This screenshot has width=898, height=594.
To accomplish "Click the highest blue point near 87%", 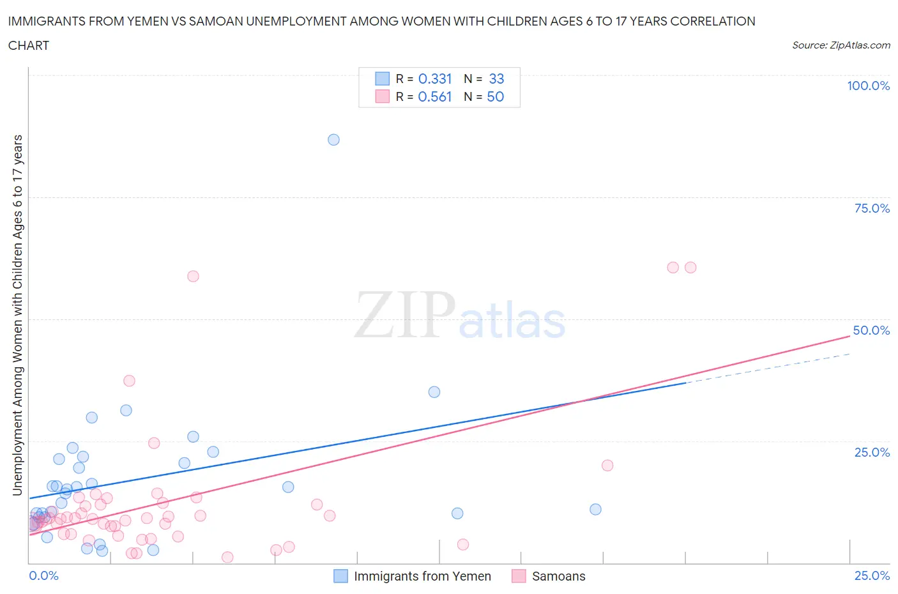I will [x=333, y=140].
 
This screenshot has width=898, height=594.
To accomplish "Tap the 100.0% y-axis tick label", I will [x=868, y=86].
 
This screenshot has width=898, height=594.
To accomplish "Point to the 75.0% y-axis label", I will [x=872, y=208].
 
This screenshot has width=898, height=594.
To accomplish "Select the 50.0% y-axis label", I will [x=871, y=330].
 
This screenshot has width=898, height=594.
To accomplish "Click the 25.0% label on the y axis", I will [x=872, y=452].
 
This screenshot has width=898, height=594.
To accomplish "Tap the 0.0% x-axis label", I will [x=43, y=575].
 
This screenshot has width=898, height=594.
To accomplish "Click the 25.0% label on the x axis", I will [x=872, y=575].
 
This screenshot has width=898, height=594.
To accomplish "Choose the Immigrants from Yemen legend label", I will [x=422, y=576].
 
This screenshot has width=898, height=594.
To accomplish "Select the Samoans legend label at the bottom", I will [x=558, y=576].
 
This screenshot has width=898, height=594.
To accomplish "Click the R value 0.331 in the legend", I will [x=434, y=79].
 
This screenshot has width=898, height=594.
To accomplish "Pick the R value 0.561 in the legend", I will [x=434, y=96].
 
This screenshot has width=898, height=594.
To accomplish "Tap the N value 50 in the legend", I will [x=496, y=96].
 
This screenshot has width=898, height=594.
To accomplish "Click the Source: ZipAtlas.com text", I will [x=841, y=45].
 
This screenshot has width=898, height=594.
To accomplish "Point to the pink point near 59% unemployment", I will [x=193, y=277].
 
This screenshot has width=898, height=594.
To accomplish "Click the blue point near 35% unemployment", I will [x=434, y=392].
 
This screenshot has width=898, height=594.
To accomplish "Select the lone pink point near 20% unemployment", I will [x=607, y=466].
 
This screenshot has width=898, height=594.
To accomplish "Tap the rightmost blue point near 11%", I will [x=595, y=509].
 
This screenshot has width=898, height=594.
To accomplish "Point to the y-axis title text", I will [x=17, y=316].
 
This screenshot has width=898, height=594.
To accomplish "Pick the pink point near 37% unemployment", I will [x=129, y=381].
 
